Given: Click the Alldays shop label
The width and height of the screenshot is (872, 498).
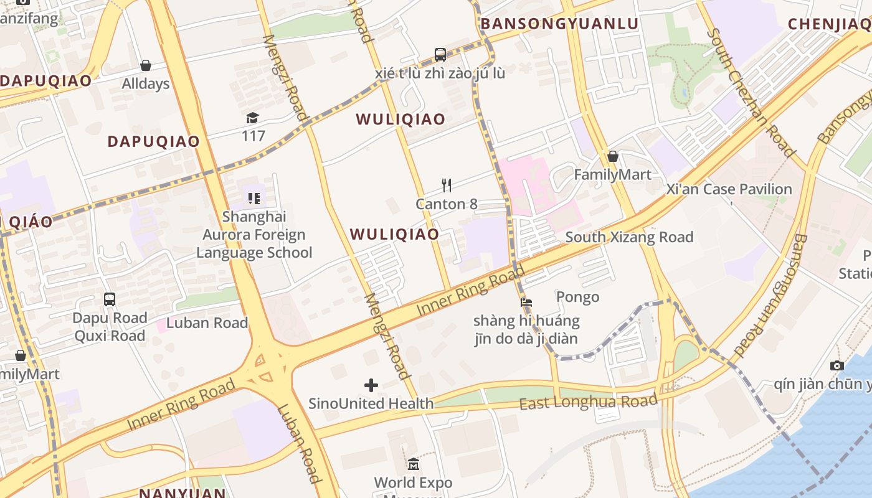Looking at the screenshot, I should click(x=145, y=83).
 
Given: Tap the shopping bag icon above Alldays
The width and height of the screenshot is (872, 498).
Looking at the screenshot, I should click(x=146, y=65).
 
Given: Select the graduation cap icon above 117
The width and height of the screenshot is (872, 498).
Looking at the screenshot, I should click(x=252, y=118).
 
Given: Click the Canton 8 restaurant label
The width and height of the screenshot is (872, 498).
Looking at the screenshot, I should click(x=447, y=204).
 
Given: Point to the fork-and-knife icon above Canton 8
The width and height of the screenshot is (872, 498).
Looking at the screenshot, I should click(x=446, y=185).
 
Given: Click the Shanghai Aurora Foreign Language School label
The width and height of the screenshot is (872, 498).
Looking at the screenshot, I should click(x=254, y=235).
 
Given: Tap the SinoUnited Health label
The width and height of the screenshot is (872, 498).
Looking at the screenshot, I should click(x=371, y=403).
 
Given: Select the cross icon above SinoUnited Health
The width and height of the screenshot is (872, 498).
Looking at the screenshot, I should click(x=371, y=385).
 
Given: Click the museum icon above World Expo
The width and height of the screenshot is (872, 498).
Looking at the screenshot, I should click(x=414, y=464).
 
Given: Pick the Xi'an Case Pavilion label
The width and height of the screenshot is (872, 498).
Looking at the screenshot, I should click(x=729, y=189).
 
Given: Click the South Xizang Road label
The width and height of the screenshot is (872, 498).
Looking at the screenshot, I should click(x=629, y=237).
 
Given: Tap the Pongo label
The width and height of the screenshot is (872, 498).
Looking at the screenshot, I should click(x=577, y=297).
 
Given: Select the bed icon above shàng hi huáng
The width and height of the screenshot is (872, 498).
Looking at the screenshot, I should click(x=526, y=303).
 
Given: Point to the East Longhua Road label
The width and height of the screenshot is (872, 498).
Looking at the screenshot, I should click(x=588, y=402).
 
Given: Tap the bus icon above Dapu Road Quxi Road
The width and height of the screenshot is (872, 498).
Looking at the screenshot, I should click(x=110, y=299).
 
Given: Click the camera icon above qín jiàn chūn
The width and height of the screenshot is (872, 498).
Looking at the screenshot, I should click(x=837, y=366).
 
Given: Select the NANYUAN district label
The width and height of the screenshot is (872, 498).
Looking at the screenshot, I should click(x=182, y=493).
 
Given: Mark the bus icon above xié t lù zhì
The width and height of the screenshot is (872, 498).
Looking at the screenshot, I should click(x=440, y=55).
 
